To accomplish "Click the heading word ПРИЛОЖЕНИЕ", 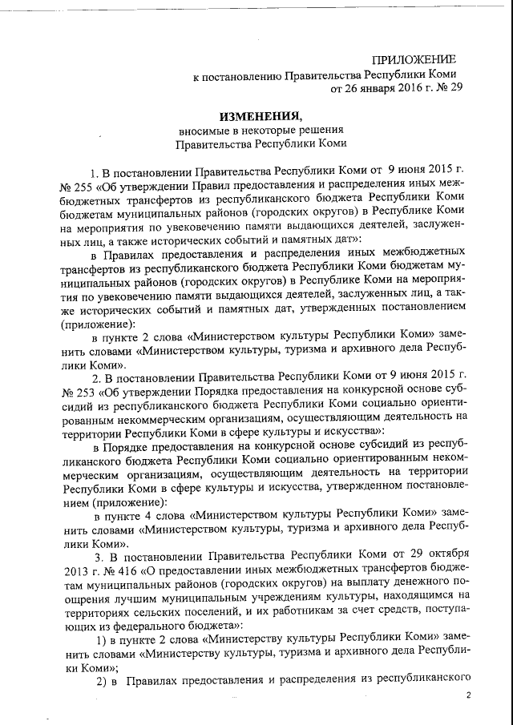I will [x=414, y=60].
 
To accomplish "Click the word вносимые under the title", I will [x=204, y=130].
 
